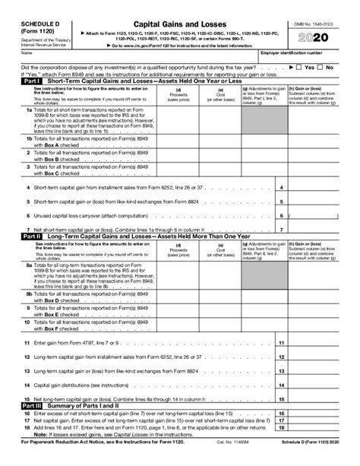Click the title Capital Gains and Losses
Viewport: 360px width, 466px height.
[179, 7]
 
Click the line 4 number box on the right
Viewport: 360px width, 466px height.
[282, 188]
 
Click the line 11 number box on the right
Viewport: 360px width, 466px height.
[282, 344]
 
